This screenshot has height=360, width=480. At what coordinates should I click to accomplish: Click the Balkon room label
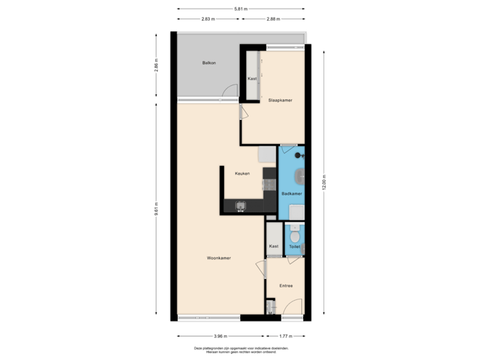(x=209, y=63)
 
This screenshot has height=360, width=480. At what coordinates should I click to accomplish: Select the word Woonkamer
(x=219, y=258)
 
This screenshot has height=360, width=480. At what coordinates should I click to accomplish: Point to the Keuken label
(x=242, y=173)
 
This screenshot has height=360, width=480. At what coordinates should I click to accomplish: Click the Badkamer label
(x=292, y=193)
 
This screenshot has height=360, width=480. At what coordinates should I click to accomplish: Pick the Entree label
(x=286, y=286)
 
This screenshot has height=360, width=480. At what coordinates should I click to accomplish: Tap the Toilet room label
(x=294, y=247)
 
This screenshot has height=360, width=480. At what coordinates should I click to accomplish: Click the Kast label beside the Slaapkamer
(x=252, y=79)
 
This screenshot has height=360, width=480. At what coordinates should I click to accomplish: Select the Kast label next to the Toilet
(x=273, y=246)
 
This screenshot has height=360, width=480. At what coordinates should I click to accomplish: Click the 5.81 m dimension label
(x=240, y=9)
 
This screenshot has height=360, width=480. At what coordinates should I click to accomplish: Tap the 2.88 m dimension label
(x=272, y=19)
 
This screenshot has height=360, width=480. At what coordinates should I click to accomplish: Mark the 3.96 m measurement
(x=220, y=336)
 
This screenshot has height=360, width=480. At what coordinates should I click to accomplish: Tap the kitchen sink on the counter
(x=241, y=205)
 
